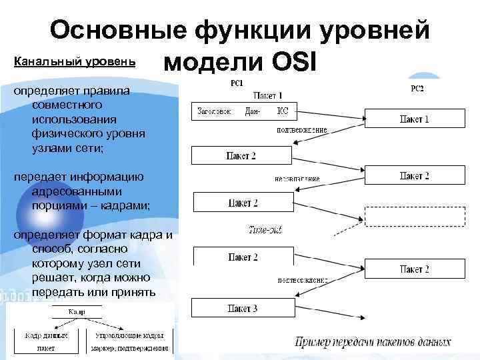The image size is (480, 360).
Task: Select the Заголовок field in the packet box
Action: click(x=214, y=111)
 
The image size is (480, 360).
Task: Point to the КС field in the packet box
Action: click(x=283, y=111)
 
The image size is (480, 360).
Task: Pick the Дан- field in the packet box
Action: click(x=254, y=111)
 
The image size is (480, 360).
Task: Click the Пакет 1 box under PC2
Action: click(x=414, y=119)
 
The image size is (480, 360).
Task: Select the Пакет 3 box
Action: click(x=242, y=308)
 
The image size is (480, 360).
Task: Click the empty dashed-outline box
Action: click(x=414, y=217)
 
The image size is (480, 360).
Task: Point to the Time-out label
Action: click(x=265, y=229)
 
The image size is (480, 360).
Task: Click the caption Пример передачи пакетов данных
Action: click(x=373, y=343)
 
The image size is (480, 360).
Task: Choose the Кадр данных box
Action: click(x=46, y=341)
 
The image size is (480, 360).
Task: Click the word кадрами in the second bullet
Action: click(x=126, y=205)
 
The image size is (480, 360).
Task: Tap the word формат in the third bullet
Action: click(x=108, y=235)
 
